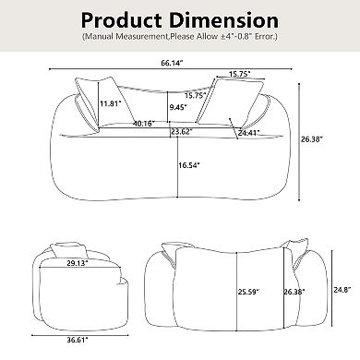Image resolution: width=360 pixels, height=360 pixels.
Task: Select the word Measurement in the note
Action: coord(146,38)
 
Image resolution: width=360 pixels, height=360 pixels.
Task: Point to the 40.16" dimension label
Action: coord(142,123)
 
